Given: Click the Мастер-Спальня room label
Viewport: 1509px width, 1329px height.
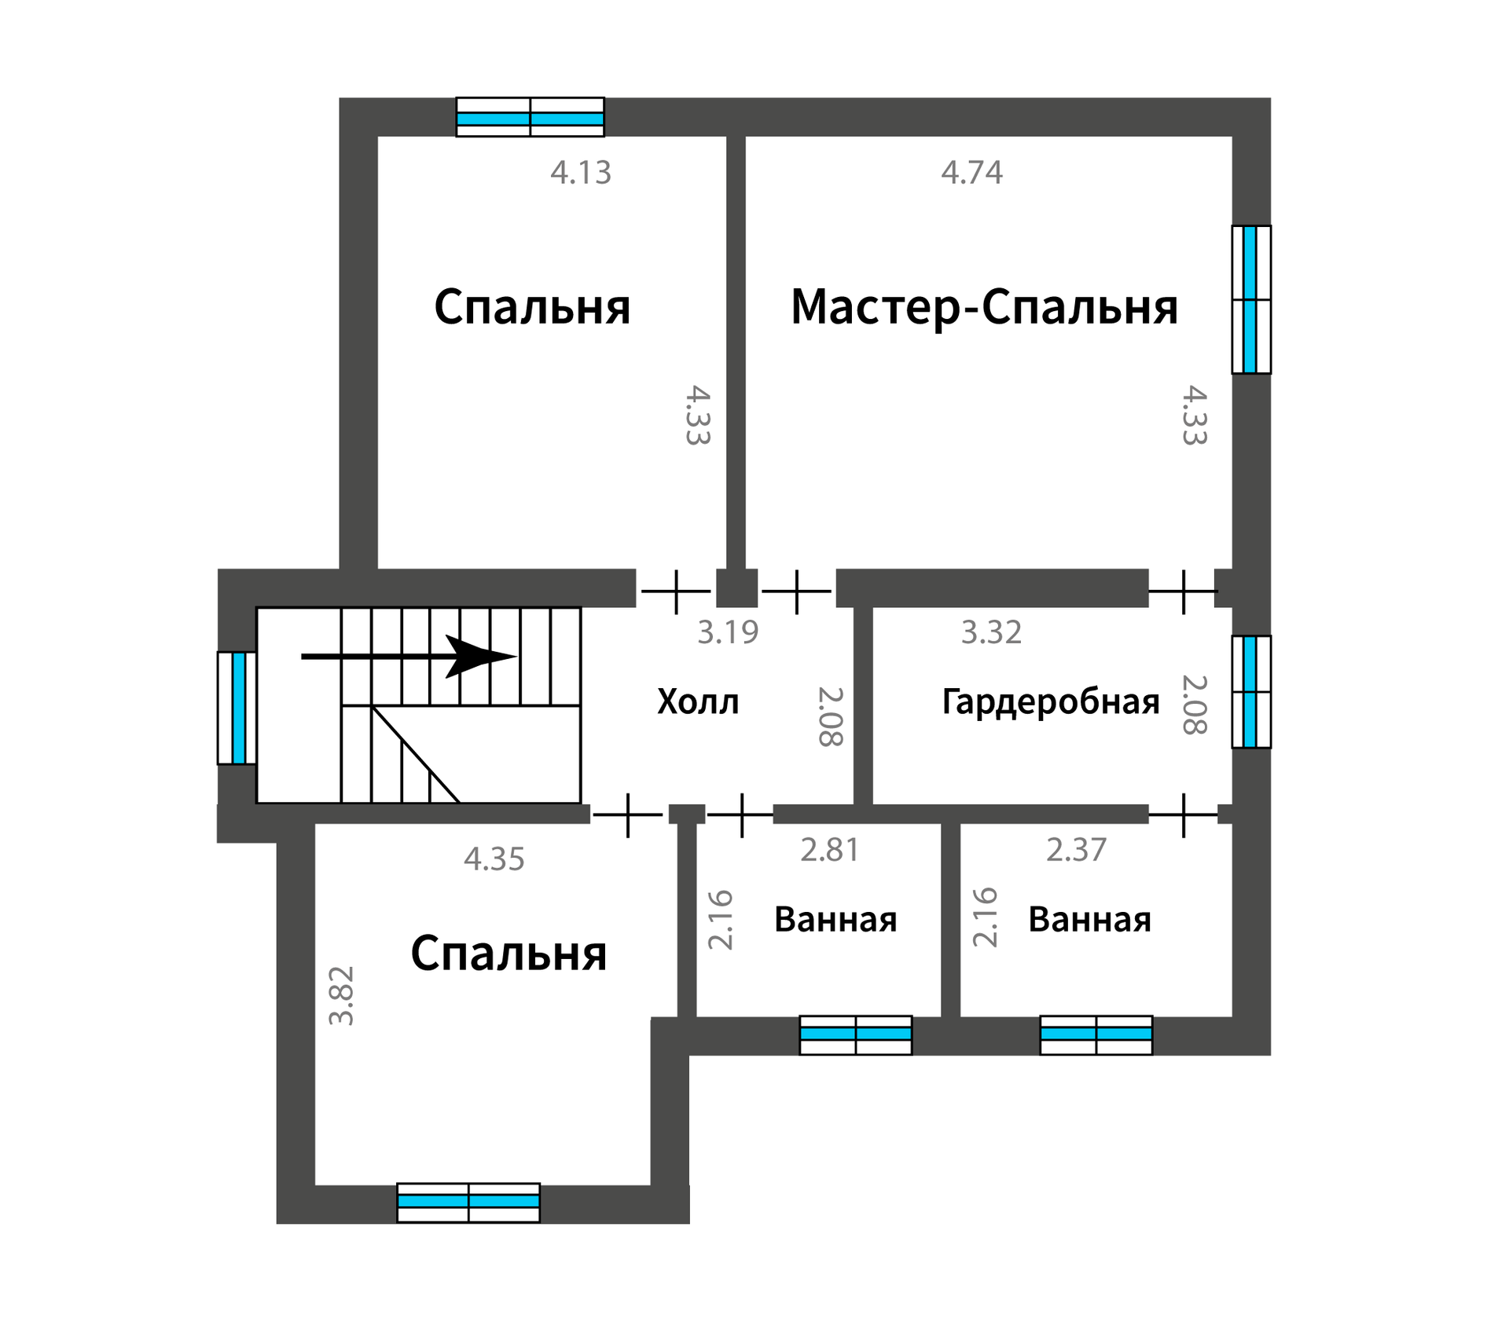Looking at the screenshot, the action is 984,307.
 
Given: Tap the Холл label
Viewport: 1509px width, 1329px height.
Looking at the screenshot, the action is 698,701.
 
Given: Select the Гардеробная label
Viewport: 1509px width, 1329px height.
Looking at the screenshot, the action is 1051,702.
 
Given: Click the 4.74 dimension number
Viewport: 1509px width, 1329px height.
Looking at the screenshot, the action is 972,173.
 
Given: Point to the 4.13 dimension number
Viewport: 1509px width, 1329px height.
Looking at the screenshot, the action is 581,173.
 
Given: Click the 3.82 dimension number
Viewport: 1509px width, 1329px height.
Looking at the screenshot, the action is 342,995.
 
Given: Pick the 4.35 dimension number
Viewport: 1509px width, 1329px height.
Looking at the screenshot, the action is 494,859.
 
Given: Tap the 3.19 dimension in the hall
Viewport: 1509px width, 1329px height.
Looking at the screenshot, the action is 728,632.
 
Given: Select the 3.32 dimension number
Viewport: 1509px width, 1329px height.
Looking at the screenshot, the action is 991,632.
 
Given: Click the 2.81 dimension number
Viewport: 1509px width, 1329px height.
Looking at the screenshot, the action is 829,850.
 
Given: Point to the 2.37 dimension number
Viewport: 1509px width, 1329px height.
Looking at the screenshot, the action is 1076,850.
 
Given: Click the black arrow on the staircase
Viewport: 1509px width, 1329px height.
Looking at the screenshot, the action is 409,657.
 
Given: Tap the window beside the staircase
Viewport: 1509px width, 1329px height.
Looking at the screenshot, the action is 237,708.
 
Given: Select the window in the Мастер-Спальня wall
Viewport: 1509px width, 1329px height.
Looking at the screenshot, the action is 1251,299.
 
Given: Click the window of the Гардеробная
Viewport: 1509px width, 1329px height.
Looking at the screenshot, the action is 1251,691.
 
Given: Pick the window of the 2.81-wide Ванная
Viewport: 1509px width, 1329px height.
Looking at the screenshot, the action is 856,1034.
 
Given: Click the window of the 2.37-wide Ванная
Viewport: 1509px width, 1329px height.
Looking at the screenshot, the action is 1096,1034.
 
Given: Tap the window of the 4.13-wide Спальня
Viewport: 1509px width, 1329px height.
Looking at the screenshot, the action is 531,117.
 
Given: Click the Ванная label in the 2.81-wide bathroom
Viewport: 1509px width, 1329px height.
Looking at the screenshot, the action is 835,920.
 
